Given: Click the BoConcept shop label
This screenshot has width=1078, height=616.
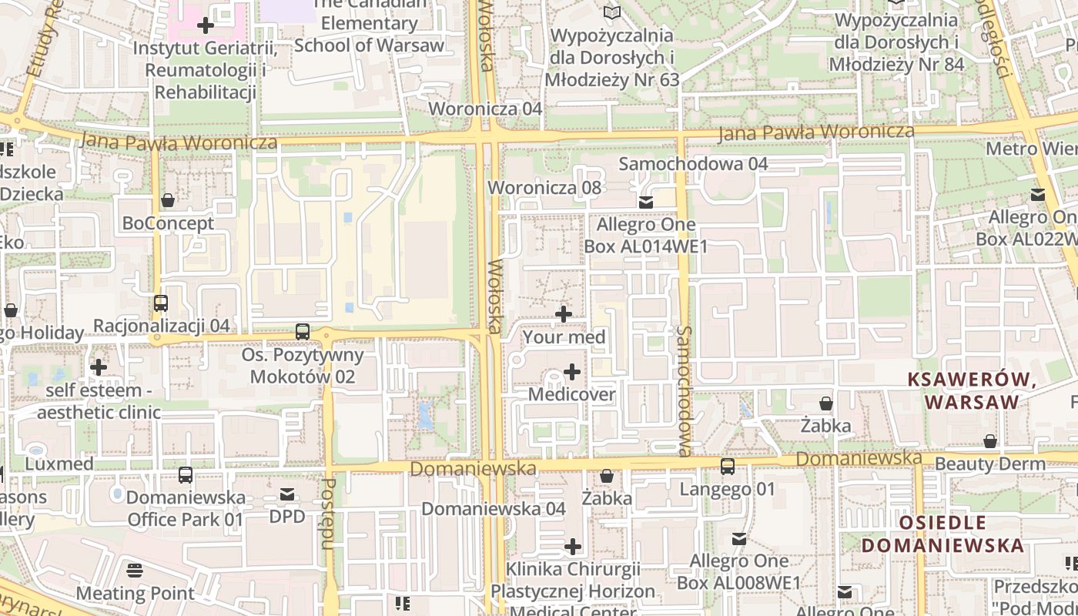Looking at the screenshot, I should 168,224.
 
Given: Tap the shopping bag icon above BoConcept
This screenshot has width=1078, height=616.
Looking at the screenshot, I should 168,201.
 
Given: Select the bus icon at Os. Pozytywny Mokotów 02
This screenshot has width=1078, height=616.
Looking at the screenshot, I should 303,332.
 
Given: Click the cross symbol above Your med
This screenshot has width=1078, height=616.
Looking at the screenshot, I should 564,314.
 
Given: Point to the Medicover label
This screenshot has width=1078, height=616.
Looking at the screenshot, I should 572,395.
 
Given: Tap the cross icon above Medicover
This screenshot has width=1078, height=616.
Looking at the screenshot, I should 572,373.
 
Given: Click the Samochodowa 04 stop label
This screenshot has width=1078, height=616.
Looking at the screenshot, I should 693,164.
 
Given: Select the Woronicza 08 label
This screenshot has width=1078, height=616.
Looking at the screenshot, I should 544,188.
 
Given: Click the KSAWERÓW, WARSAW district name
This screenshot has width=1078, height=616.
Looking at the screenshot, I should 972,390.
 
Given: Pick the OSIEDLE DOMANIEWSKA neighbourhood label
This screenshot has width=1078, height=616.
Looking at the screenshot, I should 942,534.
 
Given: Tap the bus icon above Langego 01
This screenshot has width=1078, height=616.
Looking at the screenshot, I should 728,467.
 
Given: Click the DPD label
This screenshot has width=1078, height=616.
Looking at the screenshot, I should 287,517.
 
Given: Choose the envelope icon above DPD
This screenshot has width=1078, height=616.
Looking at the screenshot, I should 287,494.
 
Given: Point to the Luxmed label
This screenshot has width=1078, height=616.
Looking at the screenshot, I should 59,464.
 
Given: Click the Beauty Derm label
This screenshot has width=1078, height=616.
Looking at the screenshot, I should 990,464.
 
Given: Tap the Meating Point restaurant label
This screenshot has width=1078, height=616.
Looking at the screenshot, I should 135,594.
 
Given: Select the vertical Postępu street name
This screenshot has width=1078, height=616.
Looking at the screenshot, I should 328,514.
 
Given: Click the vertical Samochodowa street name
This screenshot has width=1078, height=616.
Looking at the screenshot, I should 685,390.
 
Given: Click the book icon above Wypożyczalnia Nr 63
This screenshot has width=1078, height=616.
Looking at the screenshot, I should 612,13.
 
